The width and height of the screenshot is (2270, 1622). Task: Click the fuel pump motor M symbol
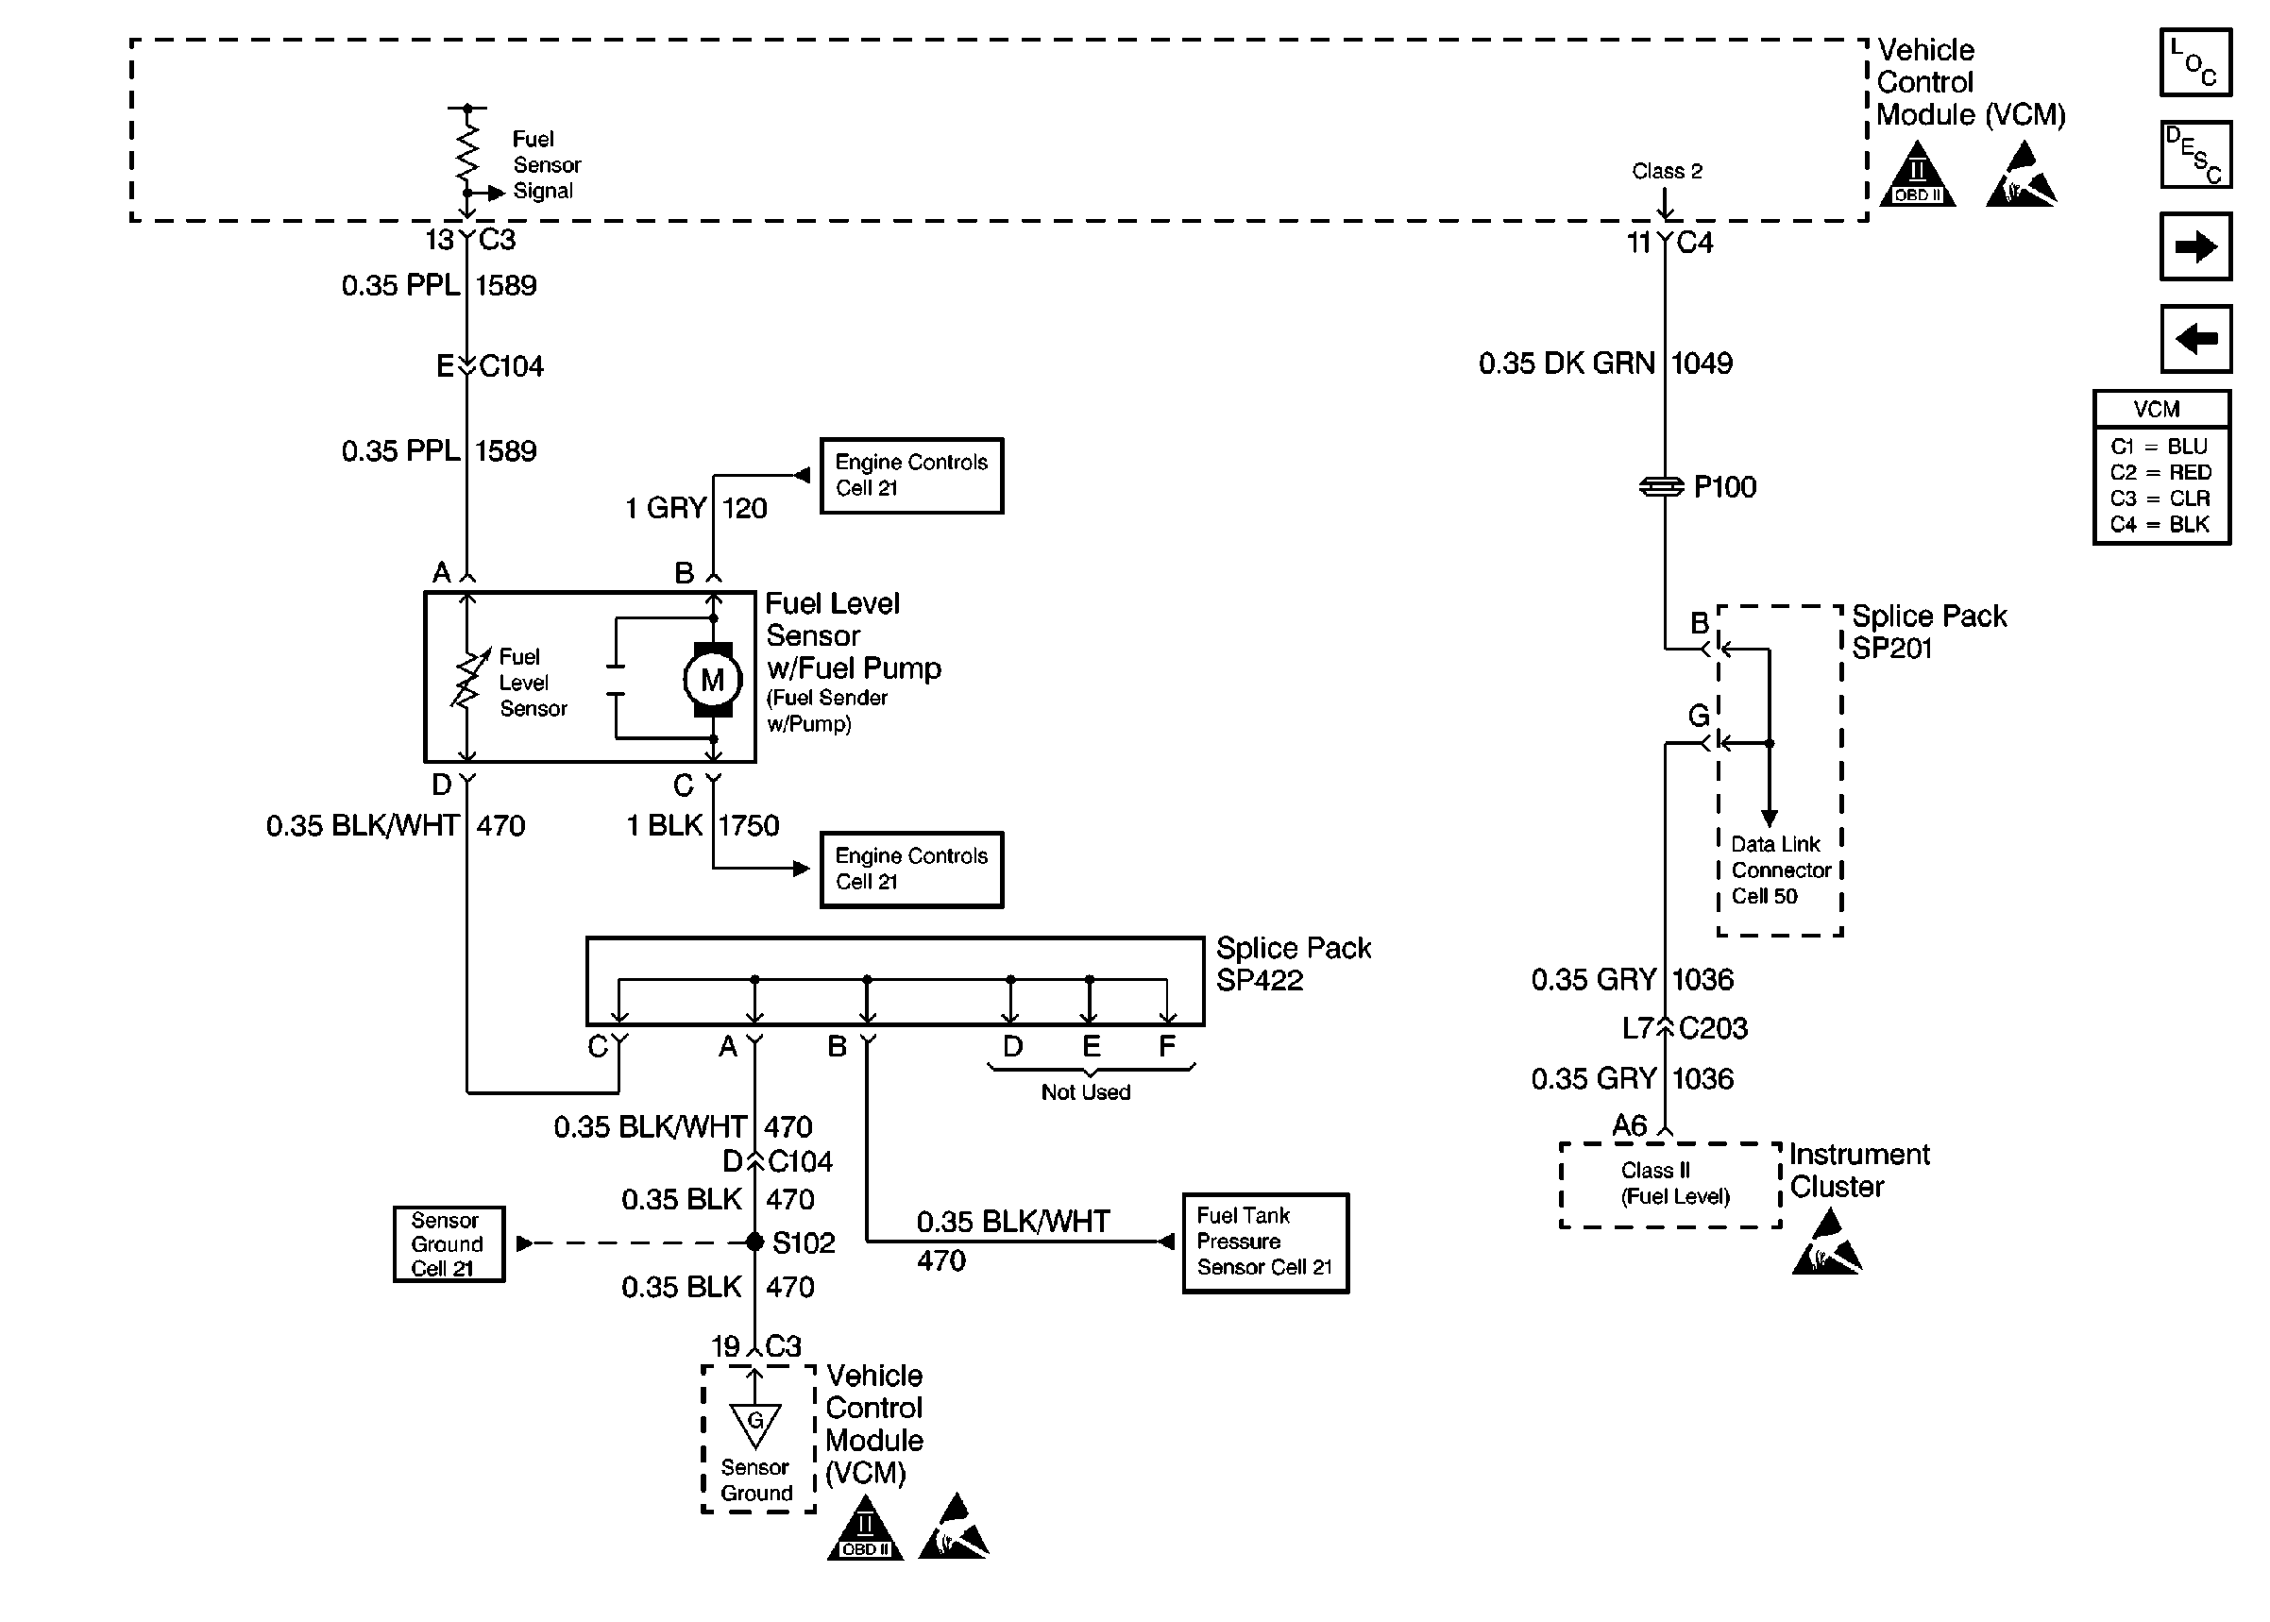pyautogui.click(x=711, y=680)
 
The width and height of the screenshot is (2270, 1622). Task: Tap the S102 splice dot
pyautogui.click(x=755, y=1242)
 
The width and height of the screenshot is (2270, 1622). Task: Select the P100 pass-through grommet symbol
pyautogui.click(x=1662, y=486)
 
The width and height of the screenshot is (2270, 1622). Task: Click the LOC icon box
pyautogui.click(x=2194, y=62)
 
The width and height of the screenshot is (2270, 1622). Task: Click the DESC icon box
pyautogui.click(x=2194, y=155)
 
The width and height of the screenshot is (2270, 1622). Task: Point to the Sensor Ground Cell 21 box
pyautogui.click(x=449, y=1243)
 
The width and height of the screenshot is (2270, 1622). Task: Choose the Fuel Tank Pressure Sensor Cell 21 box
pyautogui.click(x=1264, y=1242)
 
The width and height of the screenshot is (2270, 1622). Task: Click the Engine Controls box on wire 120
pyautogui.click(x=911, y=476)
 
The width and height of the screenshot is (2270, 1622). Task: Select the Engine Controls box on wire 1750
pyautogui.click(x=911, y=869)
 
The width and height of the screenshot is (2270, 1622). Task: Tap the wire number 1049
pyautogui.click(x=1702, y=363)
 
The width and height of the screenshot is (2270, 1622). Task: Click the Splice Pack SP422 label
pyautogui.click(x=1293, y=964)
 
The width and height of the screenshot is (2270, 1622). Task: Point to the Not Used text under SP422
pyautogui.click(x=1086, y=1091)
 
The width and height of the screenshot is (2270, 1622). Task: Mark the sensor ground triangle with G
pyautogui.click(x=755, y=1423)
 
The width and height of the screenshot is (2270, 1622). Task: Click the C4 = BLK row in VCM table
pyautogui.click(x=2160, y=524)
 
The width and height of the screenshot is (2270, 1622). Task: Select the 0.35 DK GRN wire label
pyautogui.click(x=1566, y=363)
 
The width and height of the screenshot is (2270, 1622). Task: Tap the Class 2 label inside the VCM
pyautogui.click(x=1667, y=171)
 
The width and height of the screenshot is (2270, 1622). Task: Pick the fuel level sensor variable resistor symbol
pyautogui.click(x=466, y=679)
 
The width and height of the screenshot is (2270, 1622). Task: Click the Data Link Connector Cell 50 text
pyautogui.click(x=1780, y=870)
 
